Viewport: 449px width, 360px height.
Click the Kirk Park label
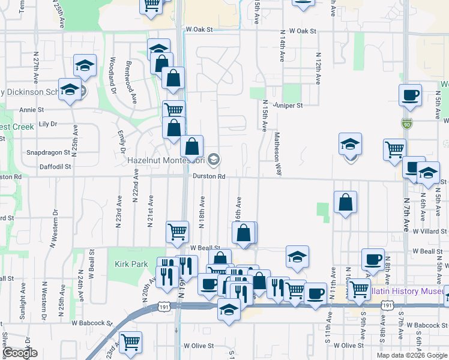click(131, 264)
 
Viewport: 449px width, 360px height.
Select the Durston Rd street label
click(209, 176)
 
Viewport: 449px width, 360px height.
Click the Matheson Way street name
click(278, 154)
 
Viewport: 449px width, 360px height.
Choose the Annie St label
click(32, 110)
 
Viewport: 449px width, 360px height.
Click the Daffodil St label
click(56, 166)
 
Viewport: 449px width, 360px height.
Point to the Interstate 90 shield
click(406, 123)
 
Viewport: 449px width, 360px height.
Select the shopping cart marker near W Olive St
click(130, 343)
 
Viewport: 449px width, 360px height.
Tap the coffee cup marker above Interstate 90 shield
click(410, 95)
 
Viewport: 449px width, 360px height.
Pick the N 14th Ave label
click(281, 48)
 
